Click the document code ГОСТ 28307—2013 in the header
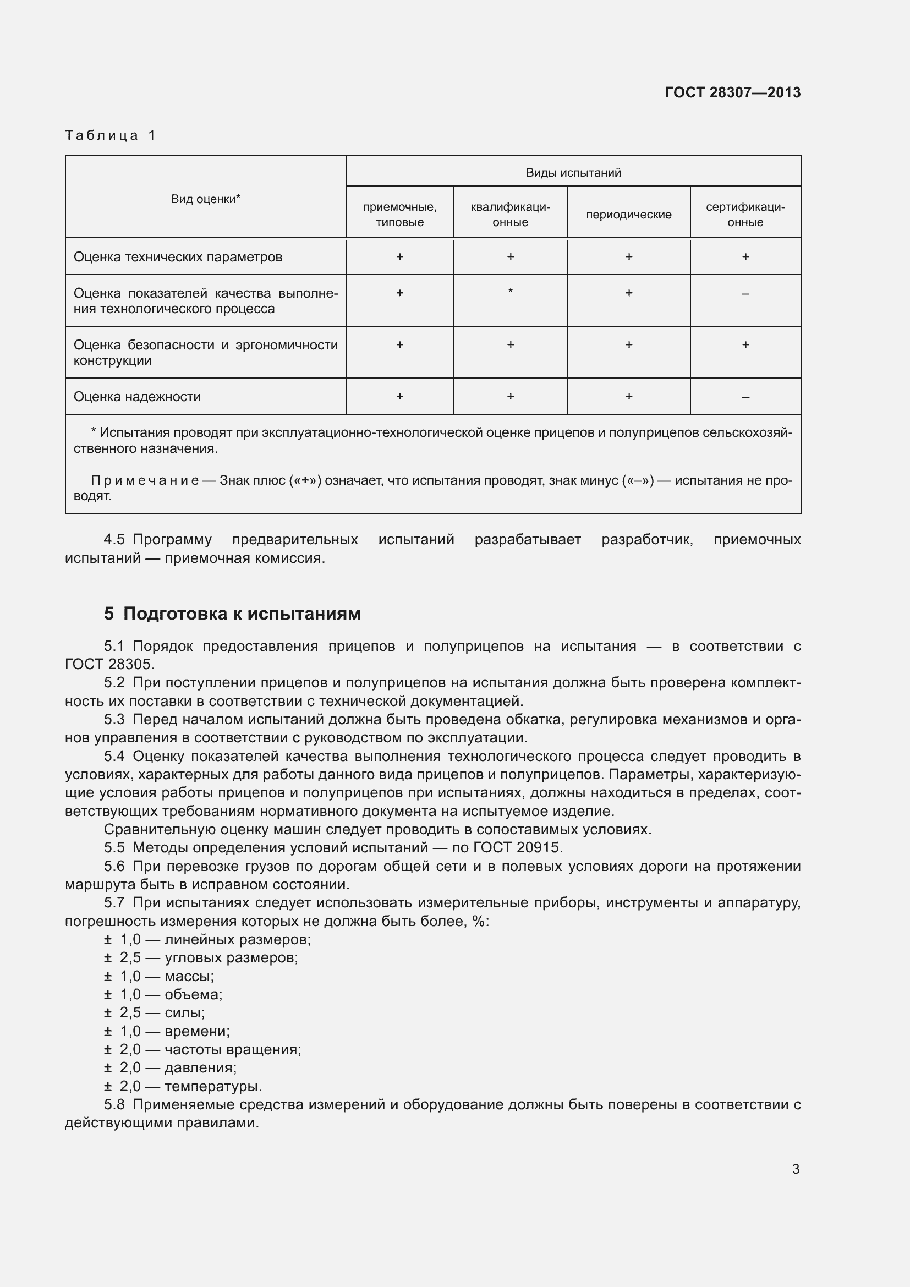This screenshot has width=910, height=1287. (732, 92)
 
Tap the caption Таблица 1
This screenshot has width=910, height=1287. (111, 135)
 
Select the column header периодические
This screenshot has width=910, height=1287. (628, 215)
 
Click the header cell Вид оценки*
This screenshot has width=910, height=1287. (206, 199)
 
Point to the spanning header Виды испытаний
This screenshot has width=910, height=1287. (573, 173)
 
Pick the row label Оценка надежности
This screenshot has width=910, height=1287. (138, 397)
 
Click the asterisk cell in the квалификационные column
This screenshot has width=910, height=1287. (510, 291)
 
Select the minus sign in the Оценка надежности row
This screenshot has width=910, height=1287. (745, 397)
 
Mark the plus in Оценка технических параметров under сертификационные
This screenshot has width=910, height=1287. (745, 257)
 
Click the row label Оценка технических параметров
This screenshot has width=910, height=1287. (178, 258)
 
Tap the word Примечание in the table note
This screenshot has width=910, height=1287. (145, 481)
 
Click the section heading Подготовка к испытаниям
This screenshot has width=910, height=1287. (242, 614)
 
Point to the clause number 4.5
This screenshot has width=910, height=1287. (114, 540)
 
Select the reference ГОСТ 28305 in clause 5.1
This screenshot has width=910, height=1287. (108, 664)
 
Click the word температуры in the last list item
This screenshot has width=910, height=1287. (213, 1087)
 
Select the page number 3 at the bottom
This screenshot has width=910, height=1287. (795, 1169)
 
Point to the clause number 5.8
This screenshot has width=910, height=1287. (114, 1105)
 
